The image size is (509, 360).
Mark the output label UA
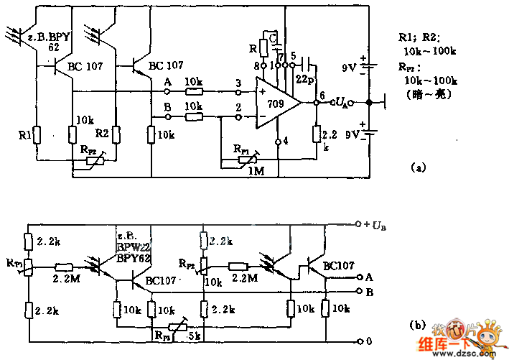point(342,103)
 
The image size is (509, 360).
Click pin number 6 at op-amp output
point(322,95)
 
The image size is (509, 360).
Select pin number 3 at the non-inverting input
point(238,83)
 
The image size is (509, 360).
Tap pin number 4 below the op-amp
point(285,141)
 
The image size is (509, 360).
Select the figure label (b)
point(417,325)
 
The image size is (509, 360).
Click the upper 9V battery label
point(349,68)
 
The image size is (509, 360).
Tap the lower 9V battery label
point(349,134)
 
